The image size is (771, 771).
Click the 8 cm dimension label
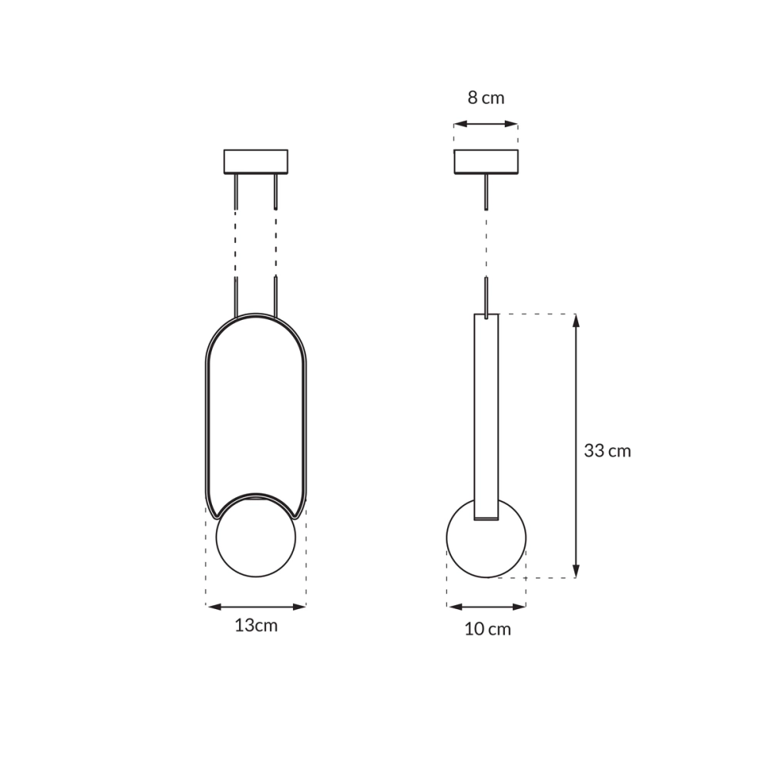pos(486,98)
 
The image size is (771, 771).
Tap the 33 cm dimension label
pos(607,451)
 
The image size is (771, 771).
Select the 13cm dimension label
pos(256,625)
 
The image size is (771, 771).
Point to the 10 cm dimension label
pos(487,629)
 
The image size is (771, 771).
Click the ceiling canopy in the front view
pos(255,162)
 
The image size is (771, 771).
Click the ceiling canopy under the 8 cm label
pos(486,162)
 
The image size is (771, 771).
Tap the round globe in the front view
pos(255,540)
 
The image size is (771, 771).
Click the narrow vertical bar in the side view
pos(486,409)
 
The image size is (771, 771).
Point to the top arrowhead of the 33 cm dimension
pos(576,320)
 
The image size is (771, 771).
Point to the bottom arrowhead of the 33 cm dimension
pos(576,571)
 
